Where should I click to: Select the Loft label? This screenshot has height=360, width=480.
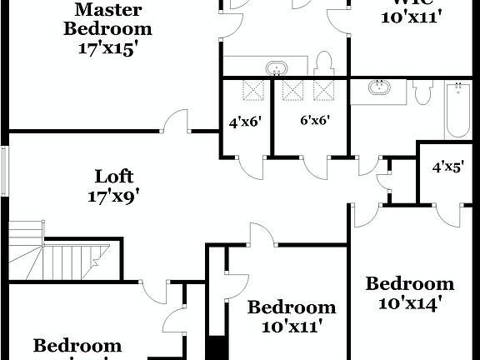coord(113,177)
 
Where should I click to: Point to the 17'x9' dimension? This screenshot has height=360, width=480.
coord(113,197)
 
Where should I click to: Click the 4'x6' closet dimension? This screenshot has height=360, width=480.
coord(245,121)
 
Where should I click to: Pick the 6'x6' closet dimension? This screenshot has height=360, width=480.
coord(314,120)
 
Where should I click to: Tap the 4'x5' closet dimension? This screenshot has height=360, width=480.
coord(447,167)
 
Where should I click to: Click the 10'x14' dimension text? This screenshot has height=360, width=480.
coord(409,304)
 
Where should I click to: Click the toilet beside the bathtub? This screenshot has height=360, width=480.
coord(422,91)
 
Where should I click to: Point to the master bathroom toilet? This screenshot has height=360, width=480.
coord(326,63)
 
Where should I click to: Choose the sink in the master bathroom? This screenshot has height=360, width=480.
coord(275,67)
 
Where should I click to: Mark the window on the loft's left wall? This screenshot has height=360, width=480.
coord(4,170)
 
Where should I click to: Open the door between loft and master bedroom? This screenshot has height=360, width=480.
coord(177,122)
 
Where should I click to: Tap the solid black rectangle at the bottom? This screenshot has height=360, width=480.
coord(217,347)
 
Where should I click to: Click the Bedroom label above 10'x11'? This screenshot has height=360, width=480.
coord(292,307)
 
